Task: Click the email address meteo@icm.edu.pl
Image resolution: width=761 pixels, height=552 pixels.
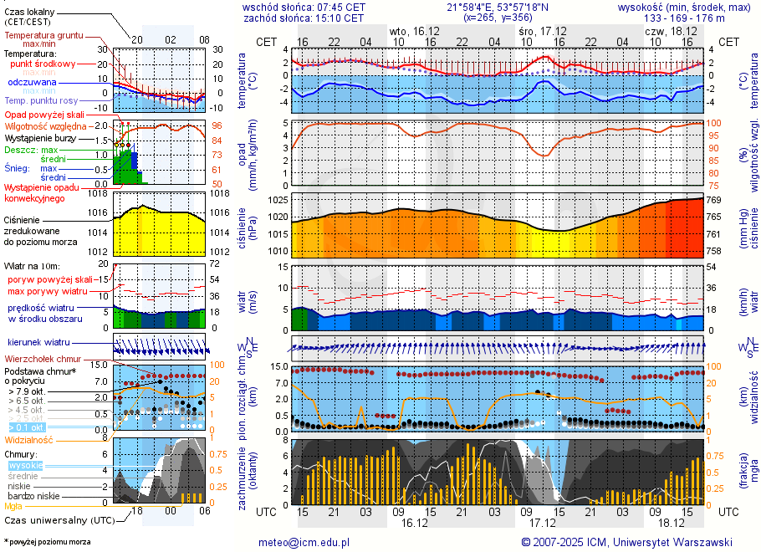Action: point(303,542)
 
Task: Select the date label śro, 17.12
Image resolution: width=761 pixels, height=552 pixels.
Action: point(537,31)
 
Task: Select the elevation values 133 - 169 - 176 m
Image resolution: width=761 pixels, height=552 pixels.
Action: point(683,18)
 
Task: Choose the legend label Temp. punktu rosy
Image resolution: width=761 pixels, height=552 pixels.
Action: point(43,100)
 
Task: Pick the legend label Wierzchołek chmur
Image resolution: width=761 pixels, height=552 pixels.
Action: point(47,359)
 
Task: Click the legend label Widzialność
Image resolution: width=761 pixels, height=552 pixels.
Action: point(28,439)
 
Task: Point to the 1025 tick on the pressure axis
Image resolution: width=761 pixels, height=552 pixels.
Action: point(278,201)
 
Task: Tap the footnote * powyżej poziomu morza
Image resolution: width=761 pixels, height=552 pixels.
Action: point(47,543)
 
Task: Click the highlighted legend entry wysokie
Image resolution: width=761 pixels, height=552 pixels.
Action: point(25,465)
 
